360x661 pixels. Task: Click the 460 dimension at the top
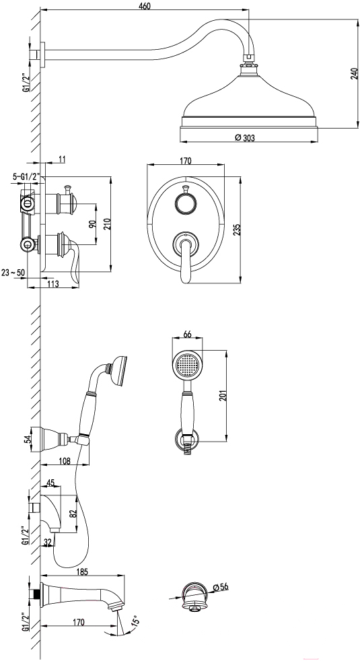click(144, 5)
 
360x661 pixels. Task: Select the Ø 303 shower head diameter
click(245, 137)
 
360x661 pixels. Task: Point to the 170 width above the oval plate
click(186, 160)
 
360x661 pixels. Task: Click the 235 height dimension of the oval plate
click(238, 230)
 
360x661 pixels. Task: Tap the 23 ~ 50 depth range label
click(13, 273)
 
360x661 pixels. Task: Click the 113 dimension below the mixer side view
click(53, 283)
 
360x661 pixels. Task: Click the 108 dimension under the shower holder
click(65, 460)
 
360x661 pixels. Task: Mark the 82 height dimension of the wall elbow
click(73, 514)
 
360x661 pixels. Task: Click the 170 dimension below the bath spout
click(79, 622)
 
